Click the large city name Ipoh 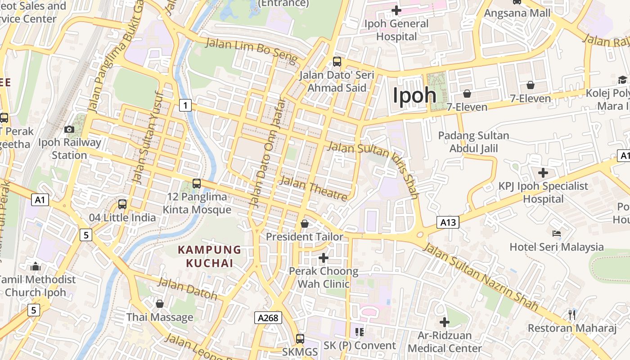(414, 95)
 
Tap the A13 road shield (448, 222)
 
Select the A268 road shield (268, 318)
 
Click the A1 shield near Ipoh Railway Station (40, 199)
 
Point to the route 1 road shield (185, 105)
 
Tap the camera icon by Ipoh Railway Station (69, 130)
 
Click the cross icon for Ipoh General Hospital (396, 10)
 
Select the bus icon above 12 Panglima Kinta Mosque (196, 184)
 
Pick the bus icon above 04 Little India (122, 204)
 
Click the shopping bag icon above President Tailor (305, 224)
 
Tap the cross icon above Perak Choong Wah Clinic (323, 258)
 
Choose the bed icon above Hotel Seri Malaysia (557, 234)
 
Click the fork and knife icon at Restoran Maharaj (572, 315)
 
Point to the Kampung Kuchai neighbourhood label (210, 256)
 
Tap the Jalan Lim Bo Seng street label (251, 51)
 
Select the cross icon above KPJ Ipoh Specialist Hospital (543, 172)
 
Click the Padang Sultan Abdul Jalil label (473, 142)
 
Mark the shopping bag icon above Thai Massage (159, 304)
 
